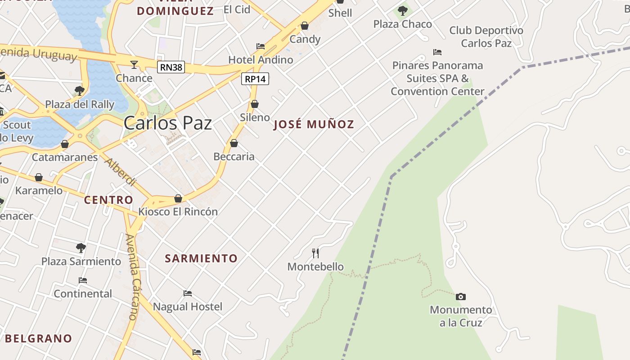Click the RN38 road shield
171,67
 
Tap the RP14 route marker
255,79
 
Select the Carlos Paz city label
167,123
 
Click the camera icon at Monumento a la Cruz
460,297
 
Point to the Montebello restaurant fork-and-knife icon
315,253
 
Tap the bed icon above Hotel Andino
261,46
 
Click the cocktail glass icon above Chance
134,65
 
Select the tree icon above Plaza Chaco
403,10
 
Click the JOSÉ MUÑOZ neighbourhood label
314,125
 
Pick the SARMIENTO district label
201,258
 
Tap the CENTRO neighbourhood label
108,200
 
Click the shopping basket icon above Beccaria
234,144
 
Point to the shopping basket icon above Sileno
255,104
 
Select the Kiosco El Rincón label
178,211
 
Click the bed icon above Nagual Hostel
188,293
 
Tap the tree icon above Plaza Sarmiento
81,247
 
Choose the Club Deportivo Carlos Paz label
486,37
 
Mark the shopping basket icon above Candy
305,26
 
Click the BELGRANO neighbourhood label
38,338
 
